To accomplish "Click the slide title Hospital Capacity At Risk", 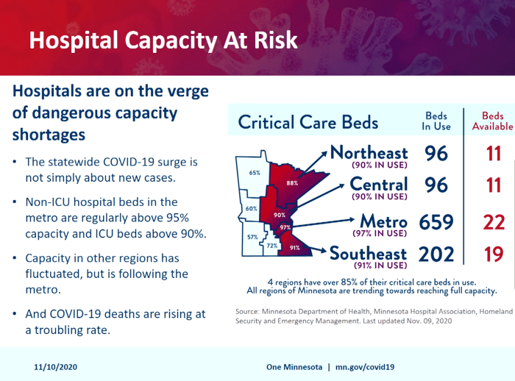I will click(163, 40).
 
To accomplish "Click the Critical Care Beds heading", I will click(309, 122).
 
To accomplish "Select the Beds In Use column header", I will click(436, 121).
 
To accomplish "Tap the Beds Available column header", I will click(492, 121).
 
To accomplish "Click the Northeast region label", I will click(369, 153).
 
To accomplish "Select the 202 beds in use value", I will click(437, 254).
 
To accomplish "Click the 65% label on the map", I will click(255, 173).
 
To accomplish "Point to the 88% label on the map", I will click(292, 182).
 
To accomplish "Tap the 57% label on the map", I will click(252, 237).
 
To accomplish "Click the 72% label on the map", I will click(271, 245).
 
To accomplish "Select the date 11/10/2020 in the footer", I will click(55, 366).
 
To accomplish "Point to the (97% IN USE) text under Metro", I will click(380, 233).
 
